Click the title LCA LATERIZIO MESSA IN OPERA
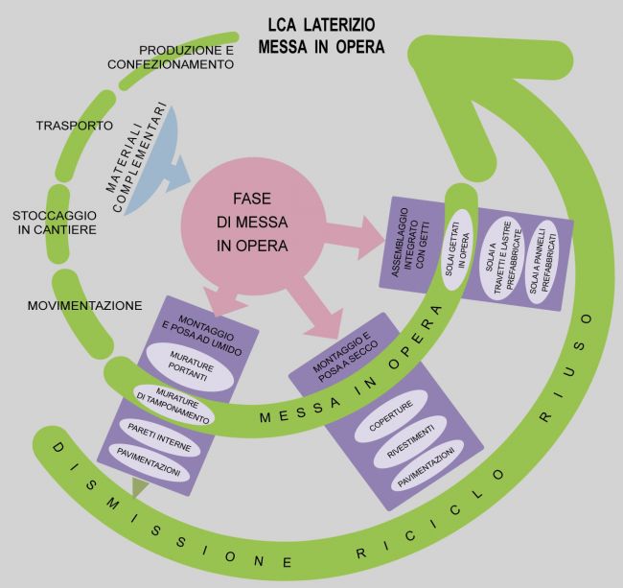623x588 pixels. (321, 36)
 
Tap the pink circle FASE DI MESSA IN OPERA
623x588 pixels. (253, 225)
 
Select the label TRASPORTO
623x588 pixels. (75, 126)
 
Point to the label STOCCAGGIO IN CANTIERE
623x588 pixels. (55, 223)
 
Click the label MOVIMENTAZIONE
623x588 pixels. (84, 305)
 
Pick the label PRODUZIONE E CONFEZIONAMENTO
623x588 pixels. (171, 58)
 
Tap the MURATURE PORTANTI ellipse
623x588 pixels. (190, 366)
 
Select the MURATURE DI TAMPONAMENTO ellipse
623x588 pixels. (173, 405)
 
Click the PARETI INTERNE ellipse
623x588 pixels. (159, 437)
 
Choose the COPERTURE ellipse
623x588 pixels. (390, 416)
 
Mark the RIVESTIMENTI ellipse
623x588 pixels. (410, 441)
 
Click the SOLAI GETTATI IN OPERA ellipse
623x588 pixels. (457, 249)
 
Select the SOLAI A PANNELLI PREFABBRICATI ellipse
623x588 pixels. (542, 263)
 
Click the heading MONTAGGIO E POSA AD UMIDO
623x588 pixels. (202, 335)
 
